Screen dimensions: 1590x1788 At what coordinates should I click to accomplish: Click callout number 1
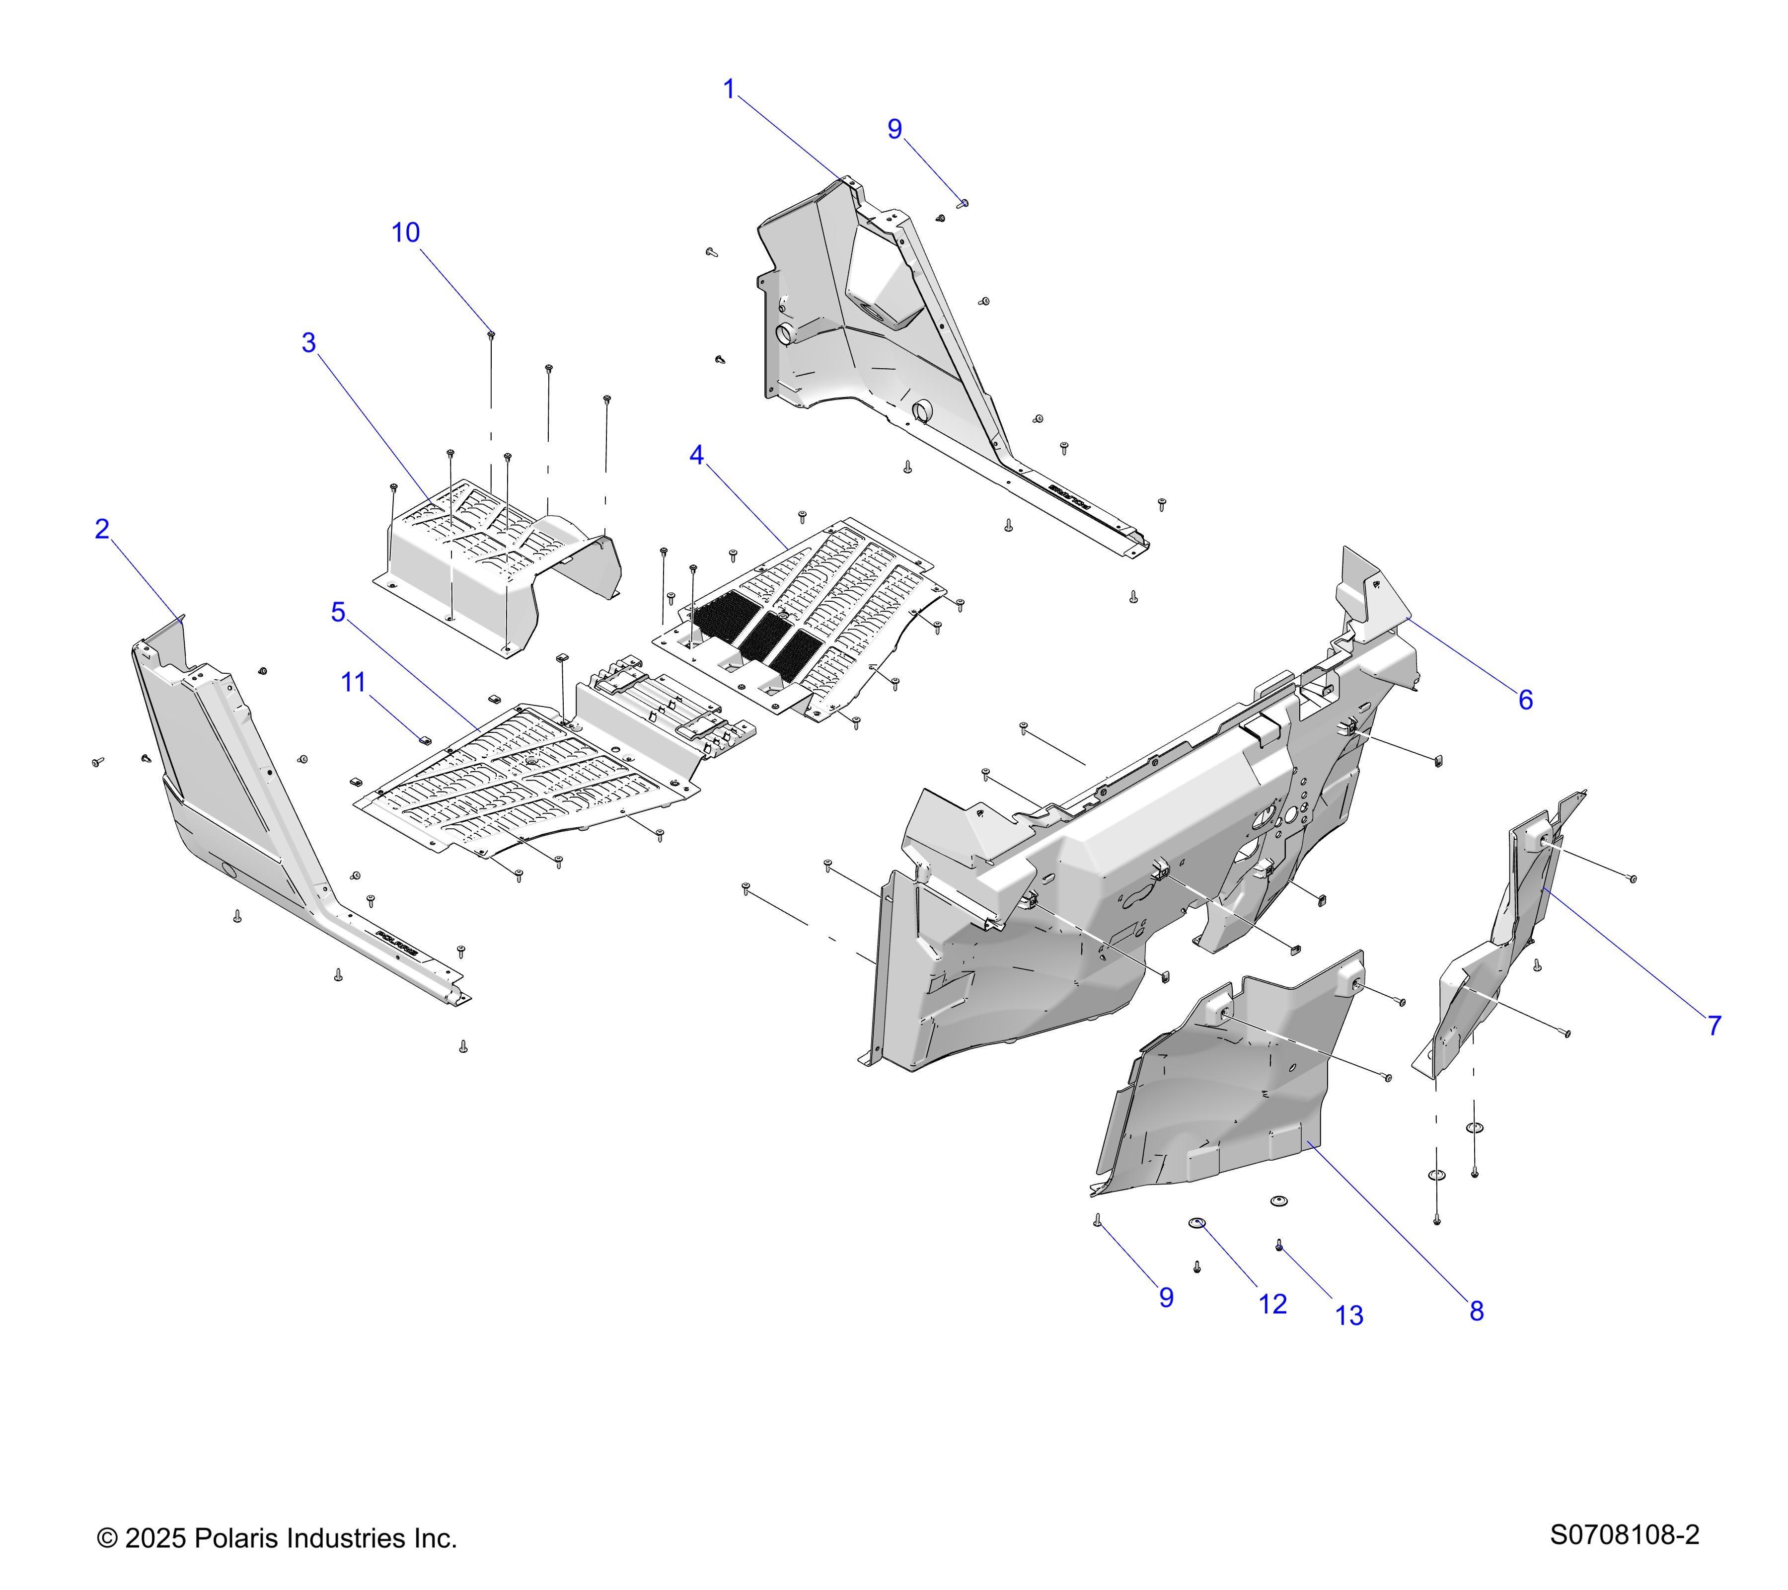[729, 89]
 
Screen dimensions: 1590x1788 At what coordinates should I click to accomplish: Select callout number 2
[102, 529]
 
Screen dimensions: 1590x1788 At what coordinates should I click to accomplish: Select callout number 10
[405, 233]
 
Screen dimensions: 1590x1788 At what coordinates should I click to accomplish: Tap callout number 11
[354, 683]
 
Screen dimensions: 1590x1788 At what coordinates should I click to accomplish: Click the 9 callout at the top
[894, 130]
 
